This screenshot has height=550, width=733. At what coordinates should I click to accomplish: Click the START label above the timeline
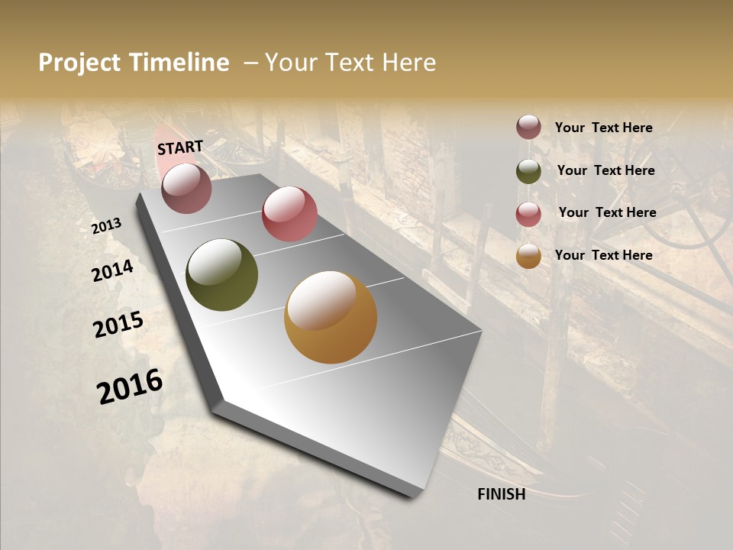180,147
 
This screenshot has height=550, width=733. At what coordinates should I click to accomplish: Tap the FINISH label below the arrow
501,494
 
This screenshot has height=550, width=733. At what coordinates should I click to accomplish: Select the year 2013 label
107,226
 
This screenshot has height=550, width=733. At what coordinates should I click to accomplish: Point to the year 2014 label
112,270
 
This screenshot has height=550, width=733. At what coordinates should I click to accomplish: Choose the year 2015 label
118,325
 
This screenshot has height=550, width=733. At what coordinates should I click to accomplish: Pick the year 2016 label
130,386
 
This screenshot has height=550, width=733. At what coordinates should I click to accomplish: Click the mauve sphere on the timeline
187,188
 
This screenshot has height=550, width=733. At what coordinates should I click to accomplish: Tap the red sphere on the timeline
289,214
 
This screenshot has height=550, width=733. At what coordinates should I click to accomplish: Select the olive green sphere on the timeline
221,275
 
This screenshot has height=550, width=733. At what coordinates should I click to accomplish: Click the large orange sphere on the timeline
331,317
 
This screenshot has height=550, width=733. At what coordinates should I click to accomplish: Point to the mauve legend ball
528,128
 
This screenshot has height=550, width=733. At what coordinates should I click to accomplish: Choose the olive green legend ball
528,171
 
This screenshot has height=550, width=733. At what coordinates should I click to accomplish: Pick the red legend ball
528,214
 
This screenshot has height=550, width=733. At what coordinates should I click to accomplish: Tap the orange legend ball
528,256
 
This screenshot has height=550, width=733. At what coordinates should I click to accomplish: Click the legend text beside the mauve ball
603,128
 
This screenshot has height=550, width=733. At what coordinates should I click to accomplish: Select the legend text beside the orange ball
603,255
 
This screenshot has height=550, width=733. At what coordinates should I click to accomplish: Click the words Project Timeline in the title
134,63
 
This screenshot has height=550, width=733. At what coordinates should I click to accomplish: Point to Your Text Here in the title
350,63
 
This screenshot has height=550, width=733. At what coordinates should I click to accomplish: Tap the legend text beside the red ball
607,212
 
